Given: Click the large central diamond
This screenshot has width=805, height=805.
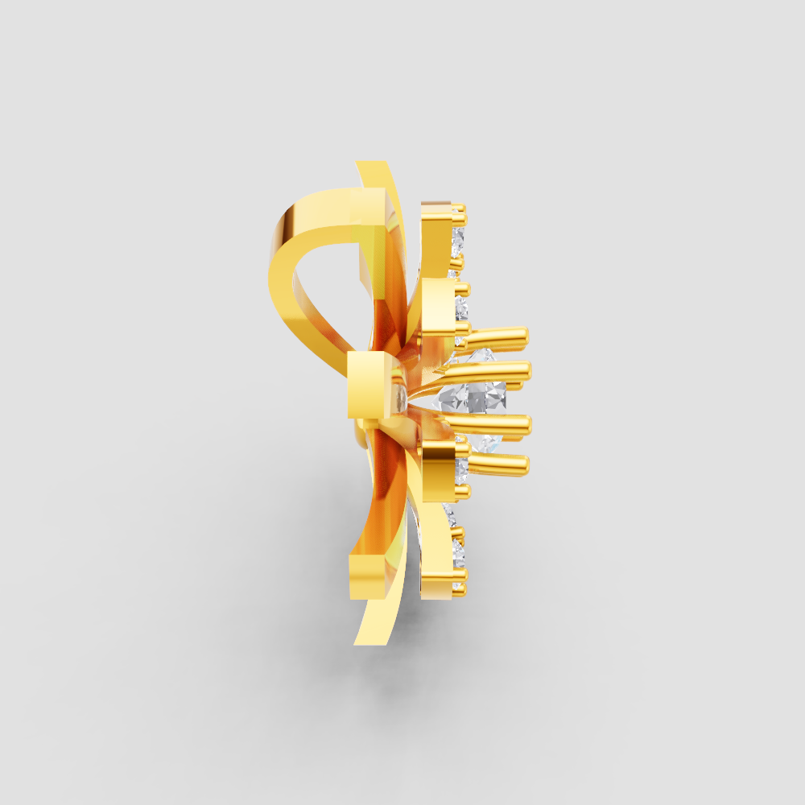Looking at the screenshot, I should [x=475, y=394].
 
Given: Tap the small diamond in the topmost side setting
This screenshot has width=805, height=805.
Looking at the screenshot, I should [x=459, y=242].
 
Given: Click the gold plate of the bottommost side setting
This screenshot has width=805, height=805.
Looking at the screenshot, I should [x=439, y=563].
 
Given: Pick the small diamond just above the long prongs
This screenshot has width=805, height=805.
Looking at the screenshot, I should [x=462, y=307].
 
